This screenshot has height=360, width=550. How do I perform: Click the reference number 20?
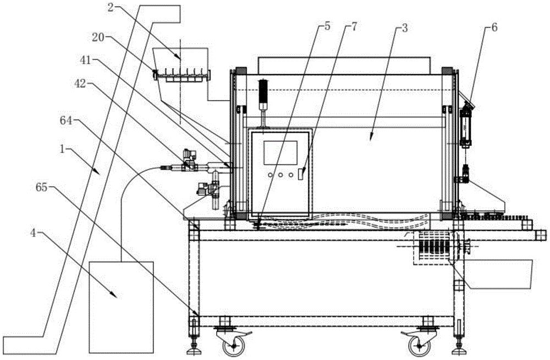tap(98, 37)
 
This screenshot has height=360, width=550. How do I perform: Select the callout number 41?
tap(85, 61)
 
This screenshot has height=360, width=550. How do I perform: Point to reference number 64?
tap(65, 121)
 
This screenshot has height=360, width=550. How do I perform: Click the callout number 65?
tap(41, 188)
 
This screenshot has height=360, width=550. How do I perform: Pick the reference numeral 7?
tap(353, 26)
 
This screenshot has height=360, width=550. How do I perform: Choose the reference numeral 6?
tap(494, 27)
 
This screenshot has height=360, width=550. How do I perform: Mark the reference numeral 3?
tap(405, 28)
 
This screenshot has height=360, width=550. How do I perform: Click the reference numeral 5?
tap(327, 26)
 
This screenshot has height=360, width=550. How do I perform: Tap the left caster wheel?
tap(234, 346)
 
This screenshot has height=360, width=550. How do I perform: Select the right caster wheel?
tap(420, 346)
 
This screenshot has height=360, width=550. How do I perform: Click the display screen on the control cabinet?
tap(280, 153)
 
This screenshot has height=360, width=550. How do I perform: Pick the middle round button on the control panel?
tap(280, 174)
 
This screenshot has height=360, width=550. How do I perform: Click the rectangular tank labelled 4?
tap(122, 307)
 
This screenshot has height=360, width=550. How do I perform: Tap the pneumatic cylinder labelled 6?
tap(466, 127)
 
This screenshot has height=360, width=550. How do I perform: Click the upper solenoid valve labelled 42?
tap(189, 161)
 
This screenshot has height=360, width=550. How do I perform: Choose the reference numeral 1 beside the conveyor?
tap(63, 150)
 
